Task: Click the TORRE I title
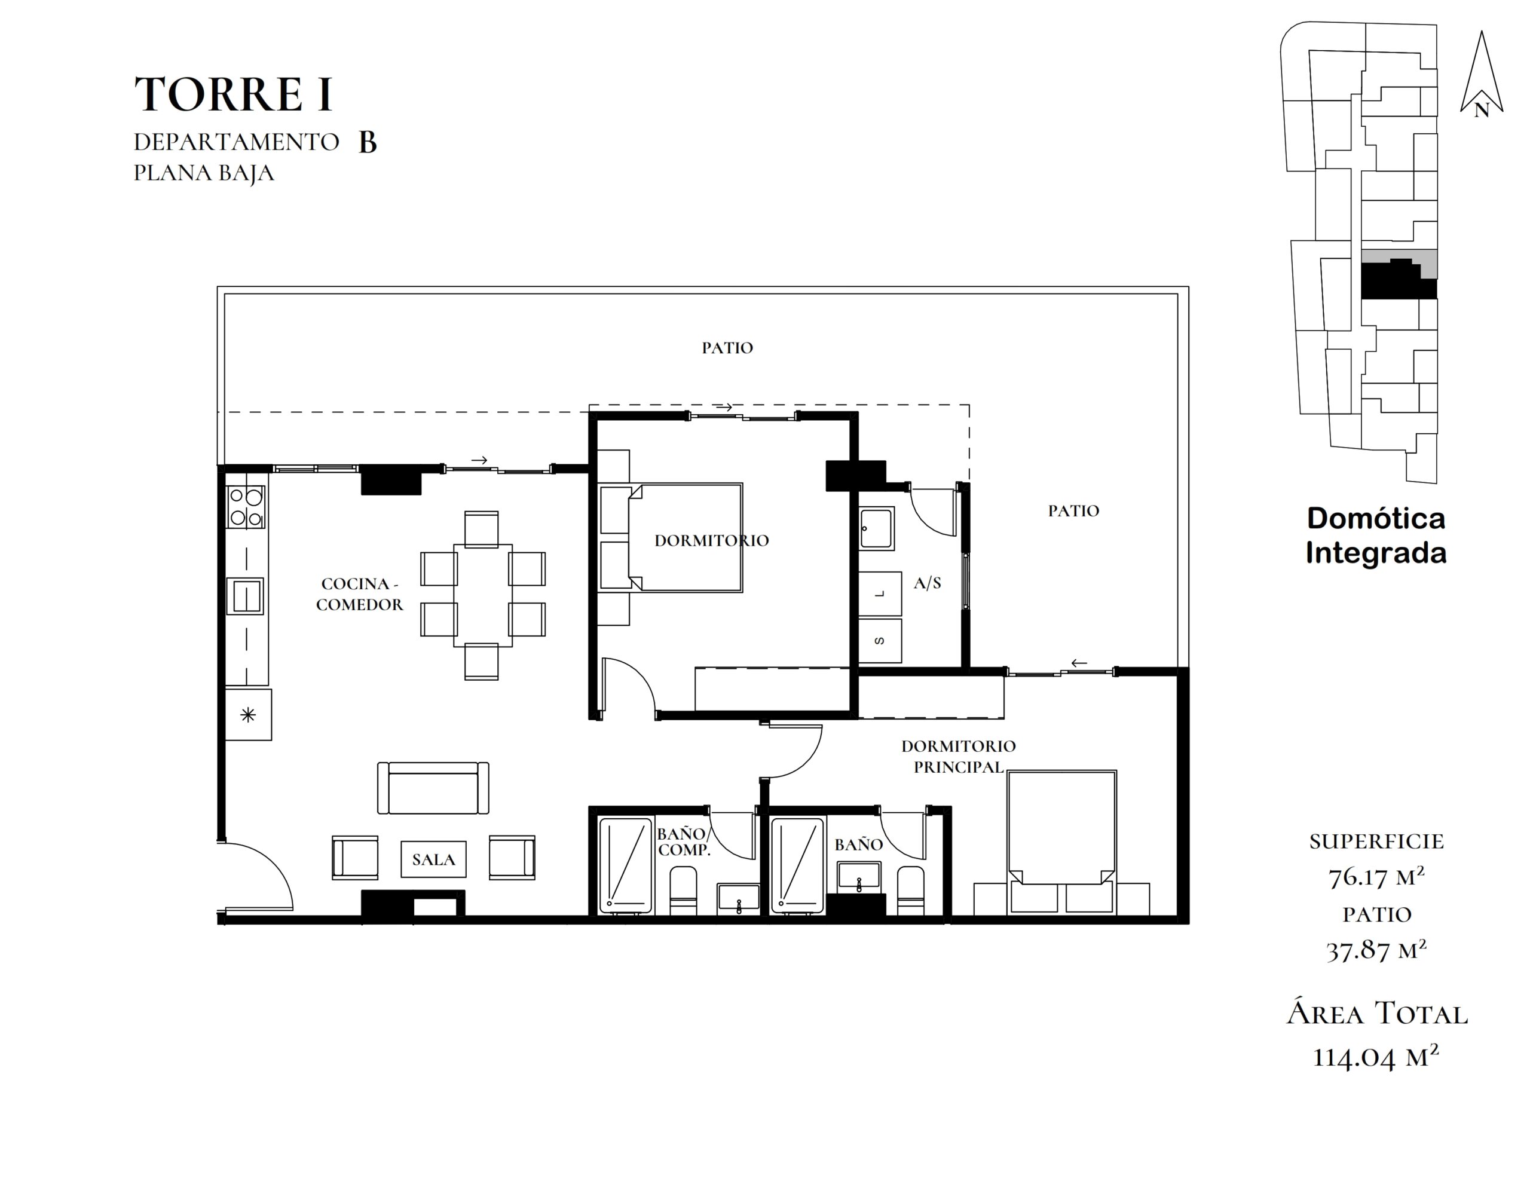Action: pos(233,94)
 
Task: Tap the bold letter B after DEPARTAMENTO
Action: pos(368,142)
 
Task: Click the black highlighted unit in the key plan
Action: pos(1397,280)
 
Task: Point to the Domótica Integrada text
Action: pos(1376,536)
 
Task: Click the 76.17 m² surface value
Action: pos(1376,876)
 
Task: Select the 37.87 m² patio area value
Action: pos(1376,950)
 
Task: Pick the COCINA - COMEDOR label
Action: pos(359,594)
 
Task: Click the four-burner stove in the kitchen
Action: pos(246,507)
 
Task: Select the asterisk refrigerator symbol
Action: pos(248,715)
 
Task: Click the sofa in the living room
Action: pos(433,788)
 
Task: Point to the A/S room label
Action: pos(927,583)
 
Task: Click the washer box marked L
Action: pos(880,593)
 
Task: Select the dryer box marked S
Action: pos(880,640)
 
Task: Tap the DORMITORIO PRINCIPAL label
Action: pos(959,757)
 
